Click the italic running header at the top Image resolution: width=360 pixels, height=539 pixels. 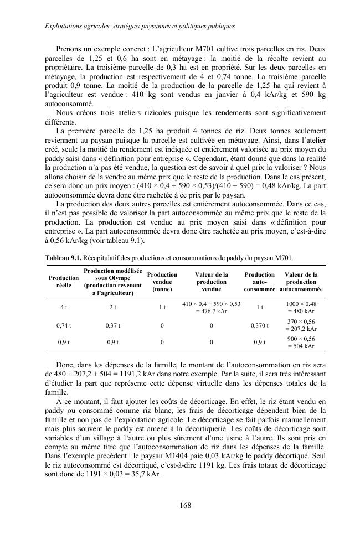click(x=132, y=26)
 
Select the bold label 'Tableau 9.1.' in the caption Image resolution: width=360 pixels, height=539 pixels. click(x=63, y=258)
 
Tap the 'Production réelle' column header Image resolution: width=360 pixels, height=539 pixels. click(x=64, y=281)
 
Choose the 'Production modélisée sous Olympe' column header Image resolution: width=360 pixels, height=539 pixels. click(x=112, y=281)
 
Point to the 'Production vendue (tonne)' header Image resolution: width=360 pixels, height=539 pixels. click(x=162, y=281)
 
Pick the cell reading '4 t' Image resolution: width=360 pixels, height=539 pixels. click(x=64, y=307)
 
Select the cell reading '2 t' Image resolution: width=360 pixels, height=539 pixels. click(x=112, y=307)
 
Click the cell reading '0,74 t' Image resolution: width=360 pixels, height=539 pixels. click(x=64, y=325)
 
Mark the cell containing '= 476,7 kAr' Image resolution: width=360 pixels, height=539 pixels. click(x=212, y=311)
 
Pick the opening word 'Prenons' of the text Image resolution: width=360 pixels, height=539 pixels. click(x=70, y=49)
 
